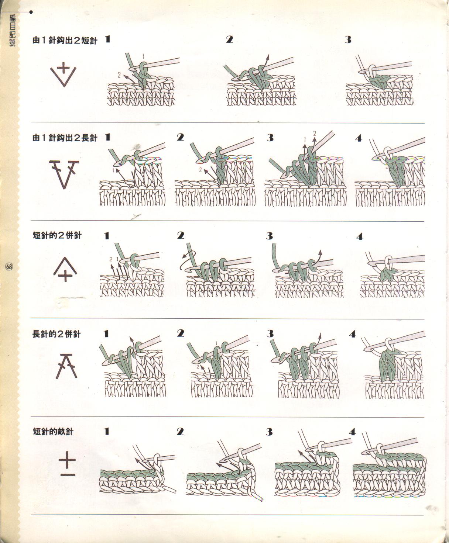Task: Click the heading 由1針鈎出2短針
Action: point(65,40)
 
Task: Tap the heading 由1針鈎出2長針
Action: point(65,138)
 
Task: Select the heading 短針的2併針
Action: point(57,235)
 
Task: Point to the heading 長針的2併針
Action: point(56,334)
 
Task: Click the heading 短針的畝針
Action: point(53,432)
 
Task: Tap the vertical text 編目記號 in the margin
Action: point(12,30)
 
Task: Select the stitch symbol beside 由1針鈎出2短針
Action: point(63,76)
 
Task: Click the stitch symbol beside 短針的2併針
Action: point(65,270)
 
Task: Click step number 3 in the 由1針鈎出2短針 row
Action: point(348,40)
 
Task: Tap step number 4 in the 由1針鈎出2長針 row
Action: point(359,138)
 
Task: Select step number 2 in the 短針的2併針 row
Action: point(181,236)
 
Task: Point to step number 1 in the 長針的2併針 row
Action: point(106,334)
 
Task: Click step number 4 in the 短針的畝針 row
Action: point(352,432)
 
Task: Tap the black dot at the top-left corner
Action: point(31,12)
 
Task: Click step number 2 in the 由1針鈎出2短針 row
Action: point(229,39)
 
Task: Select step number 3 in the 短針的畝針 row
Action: point(269,432)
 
